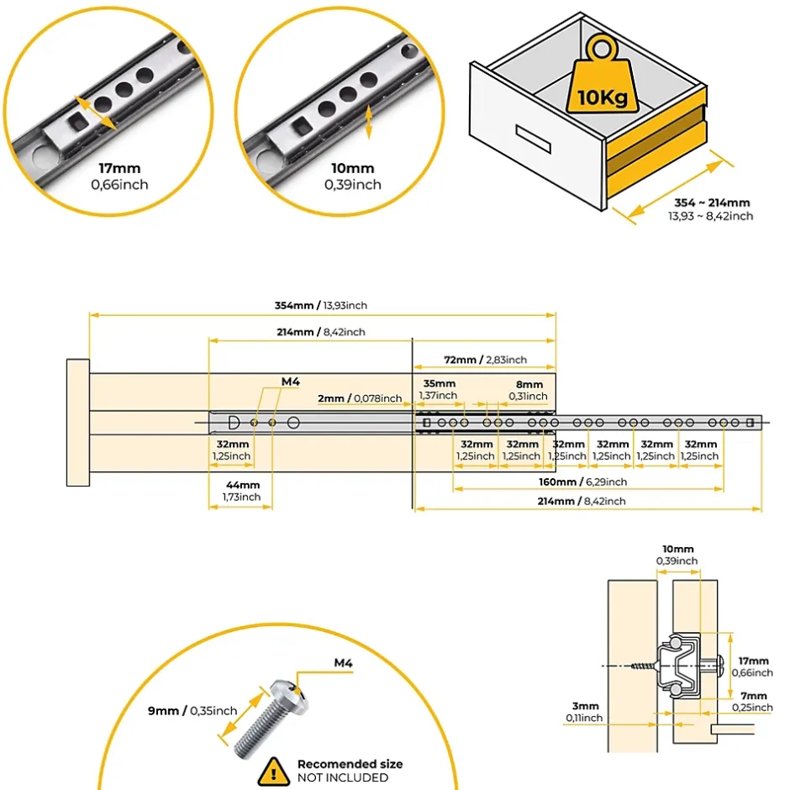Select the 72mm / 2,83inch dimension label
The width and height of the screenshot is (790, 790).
coord(485,360)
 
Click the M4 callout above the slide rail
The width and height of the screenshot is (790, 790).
coord(291,382)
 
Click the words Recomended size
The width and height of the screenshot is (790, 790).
coord(350,764)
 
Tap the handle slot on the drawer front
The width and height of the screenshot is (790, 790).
coord(530,134)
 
